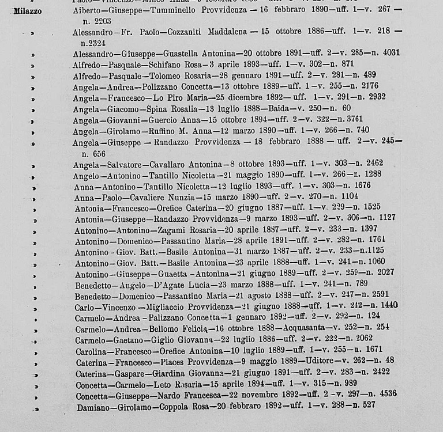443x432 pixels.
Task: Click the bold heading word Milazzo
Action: click(27, 12)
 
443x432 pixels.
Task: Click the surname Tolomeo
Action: click(166, 75)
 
